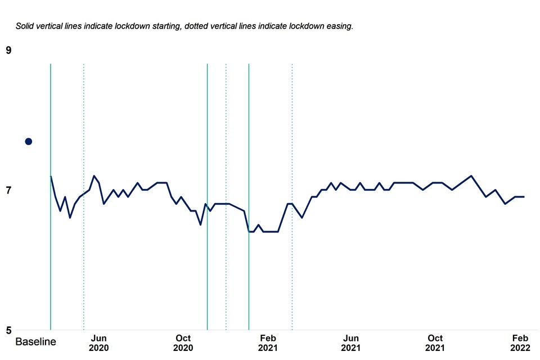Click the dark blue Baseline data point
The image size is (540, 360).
point(28,141)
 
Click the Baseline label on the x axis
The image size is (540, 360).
point(35,342)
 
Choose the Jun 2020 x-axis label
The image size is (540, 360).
point(98,343)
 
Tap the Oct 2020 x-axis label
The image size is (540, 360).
point(183,343)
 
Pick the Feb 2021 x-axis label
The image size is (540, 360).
point(267,343)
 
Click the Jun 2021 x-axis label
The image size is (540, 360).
point(351,343)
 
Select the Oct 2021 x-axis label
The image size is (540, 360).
point(435,343)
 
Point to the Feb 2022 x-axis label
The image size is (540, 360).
point(520,343)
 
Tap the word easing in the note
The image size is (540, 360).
point(338,26)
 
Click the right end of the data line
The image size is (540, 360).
point(524,197)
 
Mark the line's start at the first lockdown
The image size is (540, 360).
point(51,177)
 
